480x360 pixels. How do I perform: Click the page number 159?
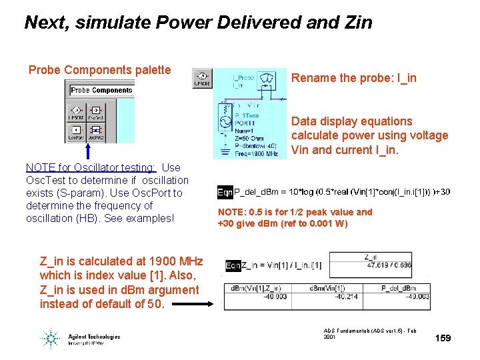coord(443,338)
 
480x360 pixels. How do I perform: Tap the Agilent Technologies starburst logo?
coord(51,337)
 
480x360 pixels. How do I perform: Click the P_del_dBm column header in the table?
coord(398,288)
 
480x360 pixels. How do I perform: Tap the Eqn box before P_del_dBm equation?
coord(225,192)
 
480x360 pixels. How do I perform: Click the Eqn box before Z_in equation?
coord(233,265)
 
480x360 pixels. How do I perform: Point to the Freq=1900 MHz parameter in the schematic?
coord(256,153)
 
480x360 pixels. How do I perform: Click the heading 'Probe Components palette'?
coord(99,70)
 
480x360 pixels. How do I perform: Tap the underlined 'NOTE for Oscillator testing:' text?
coord(91,167)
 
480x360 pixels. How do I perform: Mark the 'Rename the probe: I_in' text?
coord(354,78)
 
